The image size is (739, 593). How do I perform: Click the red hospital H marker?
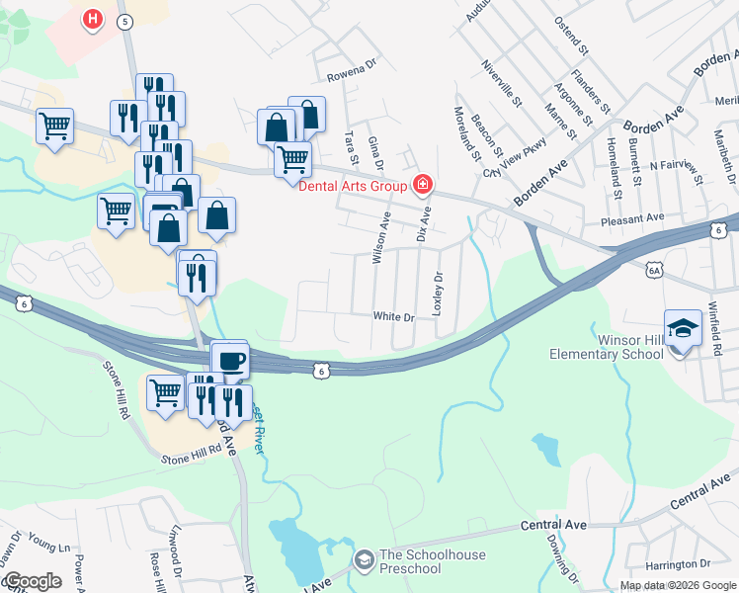pyautogui.click(x=92, y=19)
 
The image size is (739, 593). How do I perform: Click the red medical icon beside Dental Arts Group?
pyautogui.click(x=423, y=184)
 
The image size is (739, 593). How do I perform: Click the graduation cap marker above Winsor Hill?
pyautogui.click(x=682, y=327)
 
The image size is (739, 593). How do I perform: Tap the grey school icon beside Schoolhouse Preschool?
pyautogui.click(x=364, y=560)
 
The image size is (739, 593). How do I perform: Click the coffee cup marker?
pyautogui.click(x=231, y=361)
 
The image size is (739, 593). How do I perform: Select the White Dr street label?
pyautogui.click(x=392, y=316)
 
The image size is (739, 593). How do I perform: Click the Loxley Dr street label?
pyautogui.click(x=438, y=293)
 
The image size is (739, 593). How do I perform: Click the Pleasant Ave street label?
pyautogui.click(x=637, y=216)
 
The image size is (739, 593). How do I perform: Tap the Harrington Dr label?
pyautogui.click(x=678, y=564)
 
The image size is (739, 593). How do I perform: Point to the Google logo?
pyautogui.click(x=33, y=581)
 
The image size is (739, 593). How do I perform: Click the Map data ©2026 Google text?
pyautogui.click(x=678, y=585)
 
